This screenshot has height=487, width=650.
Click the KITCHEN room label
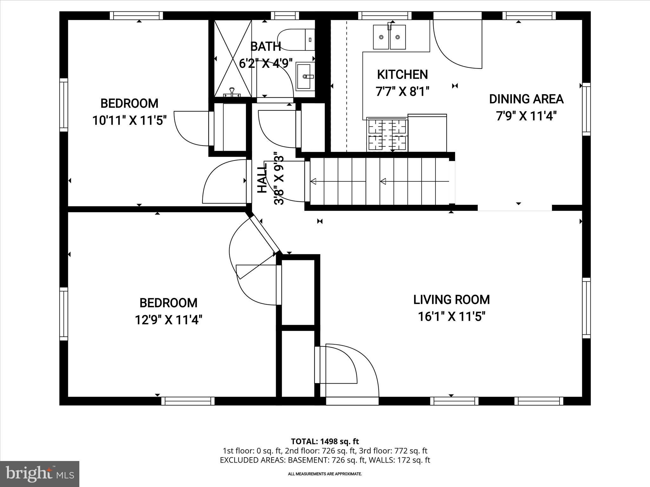[x=402, y=75]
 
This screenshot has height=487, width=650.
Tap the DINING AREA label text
[x=526, y=99]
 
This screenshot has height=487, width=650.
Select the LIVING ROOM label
[x=451, y=300]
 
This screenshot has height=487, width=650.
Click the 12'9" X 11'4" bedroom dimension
[x=169, y=320]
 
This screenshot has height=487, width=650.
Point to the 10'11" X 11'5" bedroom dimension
[x=129, y=120]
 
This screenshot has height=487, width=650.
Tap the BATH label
[x=265, y=47]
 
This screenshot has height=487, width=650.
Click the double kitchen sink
[x=389, y=37]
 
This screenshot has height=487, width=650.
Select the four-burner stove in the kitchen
[x=387, y=133]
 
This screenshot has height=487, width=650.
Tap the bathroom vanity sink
[x=305, y=76]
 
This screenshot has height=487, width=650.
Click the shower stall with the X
[x=233, y=58]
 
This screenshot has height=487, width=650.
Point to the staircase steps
[x=379, y=181]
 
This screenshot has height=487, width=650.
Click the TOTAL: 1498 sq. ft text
[x=325, y=441]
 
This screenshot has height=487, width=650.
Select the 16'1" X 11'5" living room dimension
[x=451, y=316]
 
